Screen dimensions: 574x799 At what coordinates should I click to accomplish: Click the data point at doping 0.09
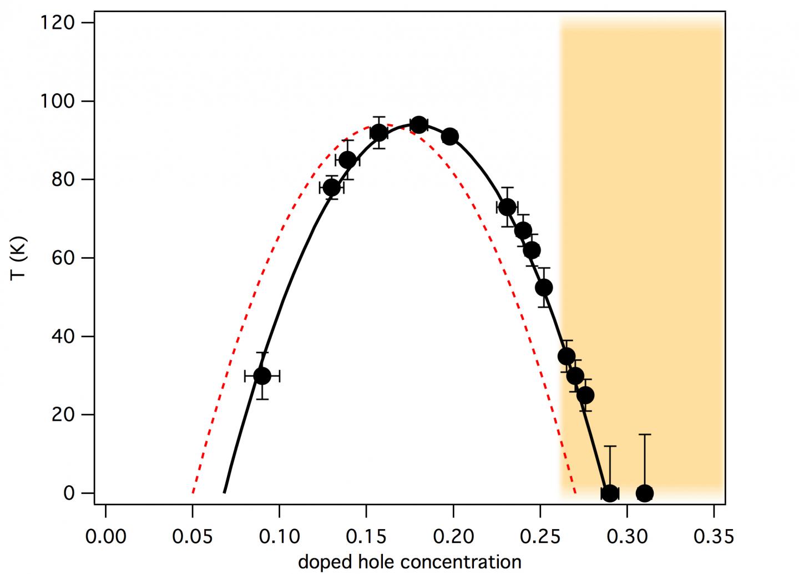[x=262, y=376]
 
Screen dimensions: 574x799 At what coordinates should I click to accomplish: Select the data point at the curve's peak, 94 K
[x=419, y=125]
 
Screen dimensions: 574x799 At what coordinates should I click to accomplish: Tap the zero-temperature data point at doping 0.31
[x=644, y=493]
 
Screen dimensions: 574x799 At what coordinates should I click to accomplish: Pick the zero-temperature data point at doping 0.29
[x=610, y=493]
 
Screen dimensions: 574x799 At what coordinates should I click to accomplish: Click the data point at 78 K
[x=331, y=188]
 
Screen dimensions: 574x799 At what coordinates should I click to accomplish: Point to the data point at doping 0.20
[x=450, y=137]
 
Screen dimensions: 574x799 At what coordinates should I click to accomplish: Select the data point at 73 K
[x=507, y=207]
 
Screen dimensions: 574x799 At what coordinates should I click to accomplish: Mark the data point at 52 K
[x=544, y=288]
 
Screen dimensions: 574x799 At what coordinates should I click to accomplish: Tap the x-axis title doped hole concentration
[x=409, y=562]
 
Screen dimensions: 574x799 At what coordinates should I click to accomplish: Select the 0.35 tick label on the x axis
[x=714, y=536]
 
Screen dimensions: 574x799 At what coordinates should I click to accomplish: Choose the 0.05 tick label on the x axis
[x=192, y=536]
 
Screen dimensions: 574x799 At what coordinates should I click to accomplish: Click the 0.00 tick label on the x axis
[x=105, y=536]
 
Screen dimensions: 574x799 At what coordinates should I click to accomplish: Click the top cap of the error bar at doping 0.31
[x=644, y=435]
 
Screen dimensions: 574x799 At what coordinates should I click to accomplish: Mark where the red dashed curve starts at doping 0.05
[x=193, y=492]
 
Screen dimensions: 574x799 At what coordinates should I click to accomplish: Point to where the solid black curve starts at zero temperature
[x=224, y=492]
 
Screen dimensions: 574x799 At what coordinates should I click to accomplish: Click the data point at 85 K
[x=347, y=160]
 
